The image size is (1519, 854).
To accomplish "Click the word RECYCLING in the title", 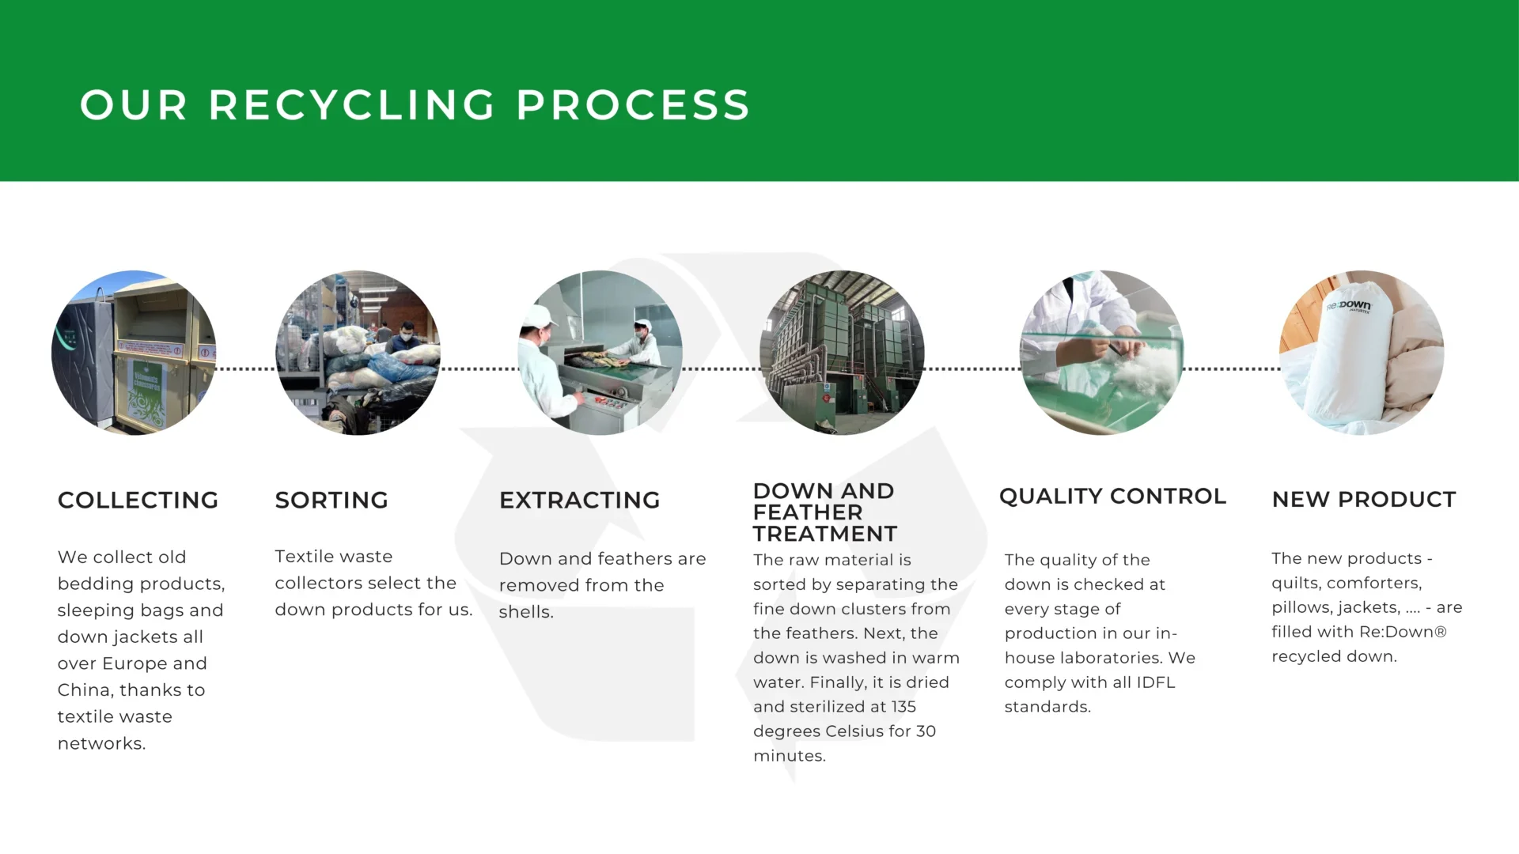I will point(352,105).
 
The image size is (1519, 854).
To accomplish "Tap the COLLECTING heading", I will point(138,500).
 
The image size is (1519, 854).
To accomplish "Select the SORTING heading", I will point(331,500).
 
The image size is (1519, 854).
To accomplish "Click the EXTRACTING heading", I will point(579,500).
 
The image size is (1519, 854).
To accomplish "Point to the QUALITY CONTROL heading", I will point(1112,496).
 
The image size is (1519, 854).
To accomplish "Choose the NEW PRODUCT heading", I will point(1364,499).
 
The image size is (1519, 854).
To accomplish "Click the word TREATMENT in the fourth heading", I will point(825,534).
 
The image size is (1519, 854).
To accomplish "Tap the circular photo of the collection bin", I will point(134,353).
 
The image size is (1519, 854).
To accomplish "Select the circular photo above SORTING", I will point(358,353).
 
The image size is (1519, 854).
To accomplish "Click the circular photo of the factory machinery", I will point(842,353).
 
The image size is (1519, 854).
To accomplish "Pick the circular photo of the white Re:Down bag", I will point(1362,353).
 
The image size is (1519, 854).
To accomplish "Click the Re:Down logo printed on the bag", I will point(1349,305).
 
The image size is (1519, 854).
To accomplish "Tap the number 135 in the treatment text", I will point(903,707).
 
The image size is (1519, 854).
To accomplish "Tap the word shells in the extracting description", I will point(525,612).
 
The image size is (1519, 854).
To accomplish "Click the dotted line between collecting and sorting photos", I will point(246,368).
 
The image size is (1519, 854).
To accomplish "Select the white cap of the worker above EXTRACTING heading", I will point(539,317).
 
